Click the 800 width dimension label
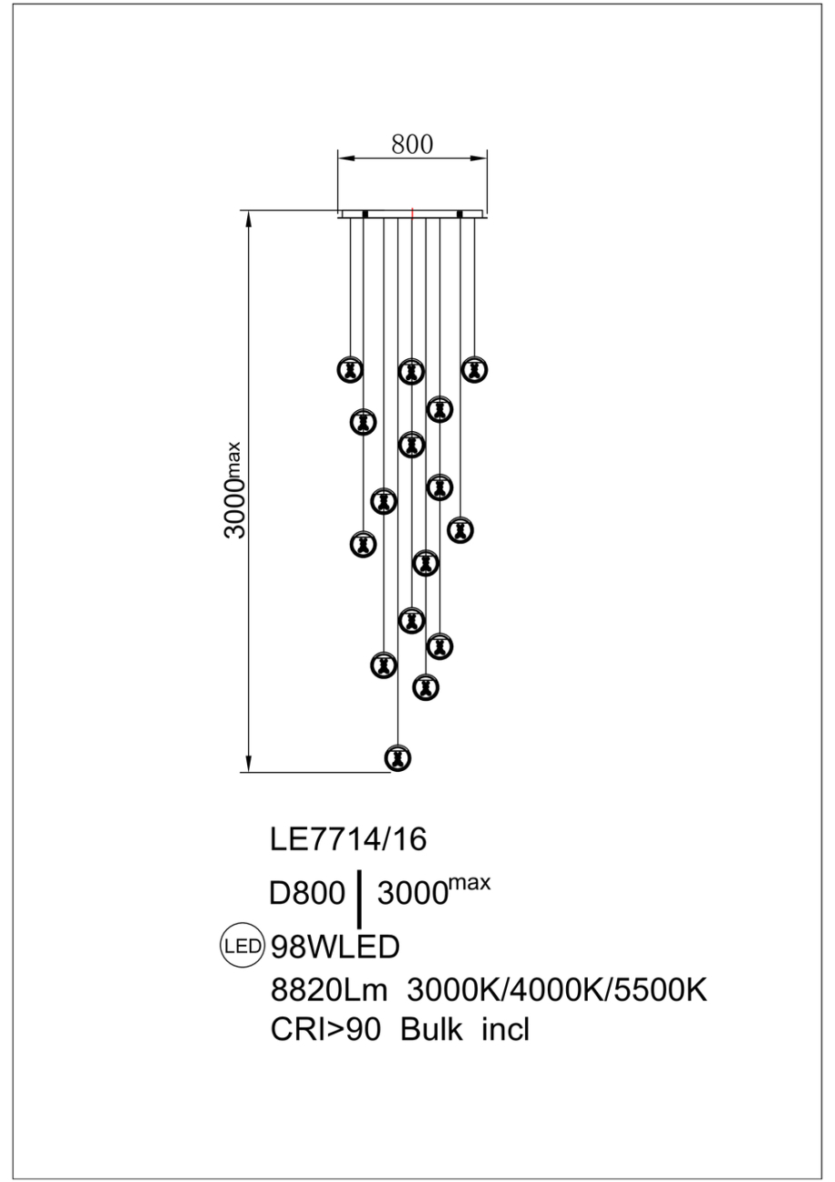412,144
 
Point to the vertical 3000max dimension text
235,491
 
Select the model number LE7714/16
348,839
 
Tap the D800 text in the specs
307,895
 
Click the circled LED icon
243,946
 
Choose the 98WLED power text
335,947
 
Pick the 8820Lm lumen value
329,989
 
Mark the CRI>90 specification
328,1030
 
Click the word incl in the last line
505,1030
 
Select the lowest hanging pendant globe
398,757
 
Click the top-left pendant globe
350,369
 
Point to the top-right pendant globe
472,369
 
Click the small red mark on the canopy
413,215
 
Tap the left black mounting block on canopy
364,215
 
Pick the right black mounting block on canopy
461,215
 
